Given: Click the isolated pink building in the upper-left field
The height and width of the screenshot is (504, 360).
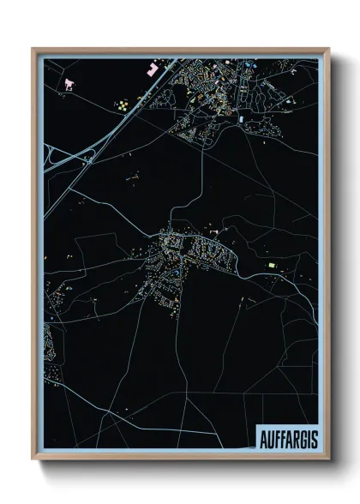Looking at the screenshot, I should tap(69, 84).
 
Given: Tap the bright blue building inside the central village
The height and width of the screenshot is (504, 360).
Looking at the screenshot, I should tap(176, 273).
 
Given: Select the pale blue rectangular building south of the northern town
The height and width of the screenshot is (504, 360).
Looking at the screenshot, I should tap(243, 117).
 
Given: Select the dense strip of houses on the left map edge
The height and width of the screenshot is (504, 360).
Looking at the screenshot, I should tap(49, 343).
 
